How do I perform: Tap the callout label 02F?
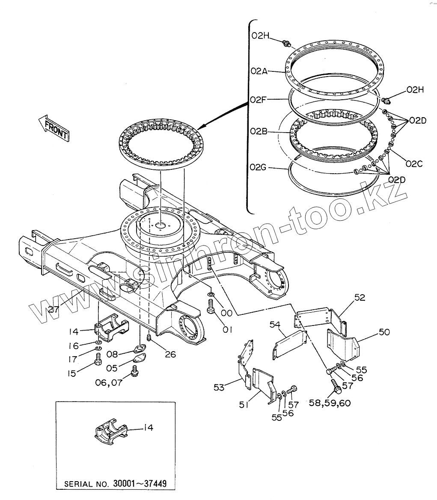pos(259,100)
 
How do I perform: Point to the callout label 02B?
pos(259,131)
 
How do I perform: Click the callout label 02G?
pos(258,167)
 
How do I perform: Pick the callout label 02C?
pos(414,163)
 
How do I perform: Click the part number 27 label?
pos(54,309)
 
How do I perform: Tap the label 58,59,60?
pos(329,402)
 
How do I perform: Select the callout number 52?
pos(360,298)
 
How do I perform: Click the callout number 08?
pos(112,354)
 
